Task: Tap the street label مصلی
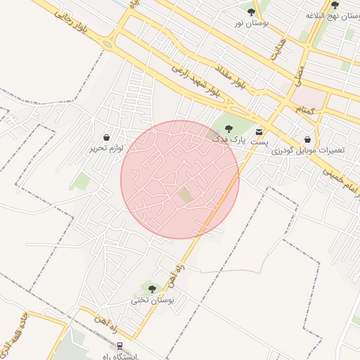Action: (297, 73)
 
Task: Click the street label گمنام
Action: (304, 110)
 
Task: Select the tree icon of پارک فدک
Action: (229, 128)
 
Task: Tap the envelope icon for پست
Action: (260, 131)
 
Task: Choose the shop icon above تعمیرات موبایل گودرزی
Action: (307, 139)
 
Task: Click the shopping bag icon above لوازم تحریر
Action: (106, 137)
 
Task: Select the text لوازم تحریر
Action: (106, 148)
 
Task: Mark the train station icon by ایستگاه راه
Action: (120, 346)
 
